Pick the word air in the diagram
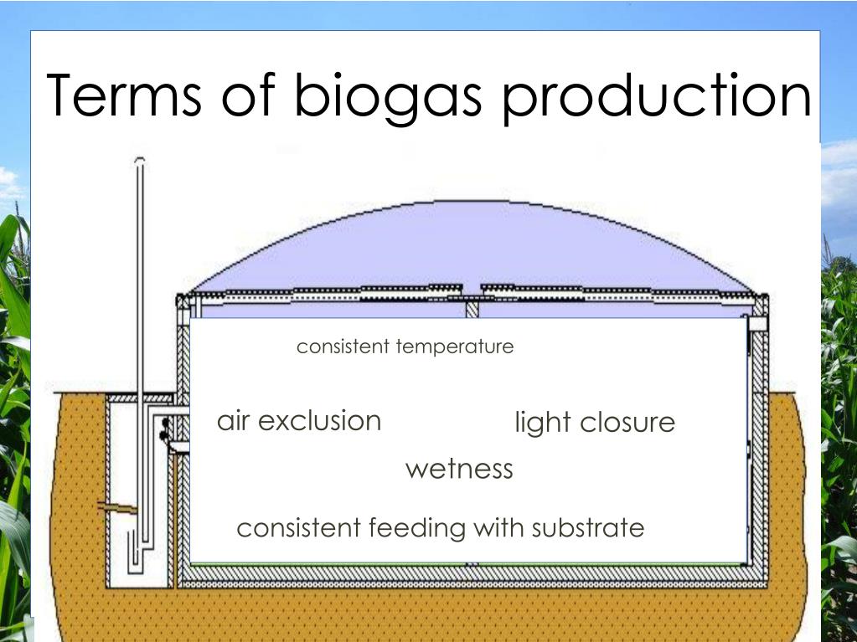tap(234, 420)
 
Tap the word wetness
tap(459, 468)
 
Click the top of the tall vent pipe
tap(139, 161)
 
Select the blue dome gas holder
tap(469, 247)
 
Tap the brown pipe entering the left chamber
tap(116, 507)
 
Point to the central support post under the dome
tap(472, 309)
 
